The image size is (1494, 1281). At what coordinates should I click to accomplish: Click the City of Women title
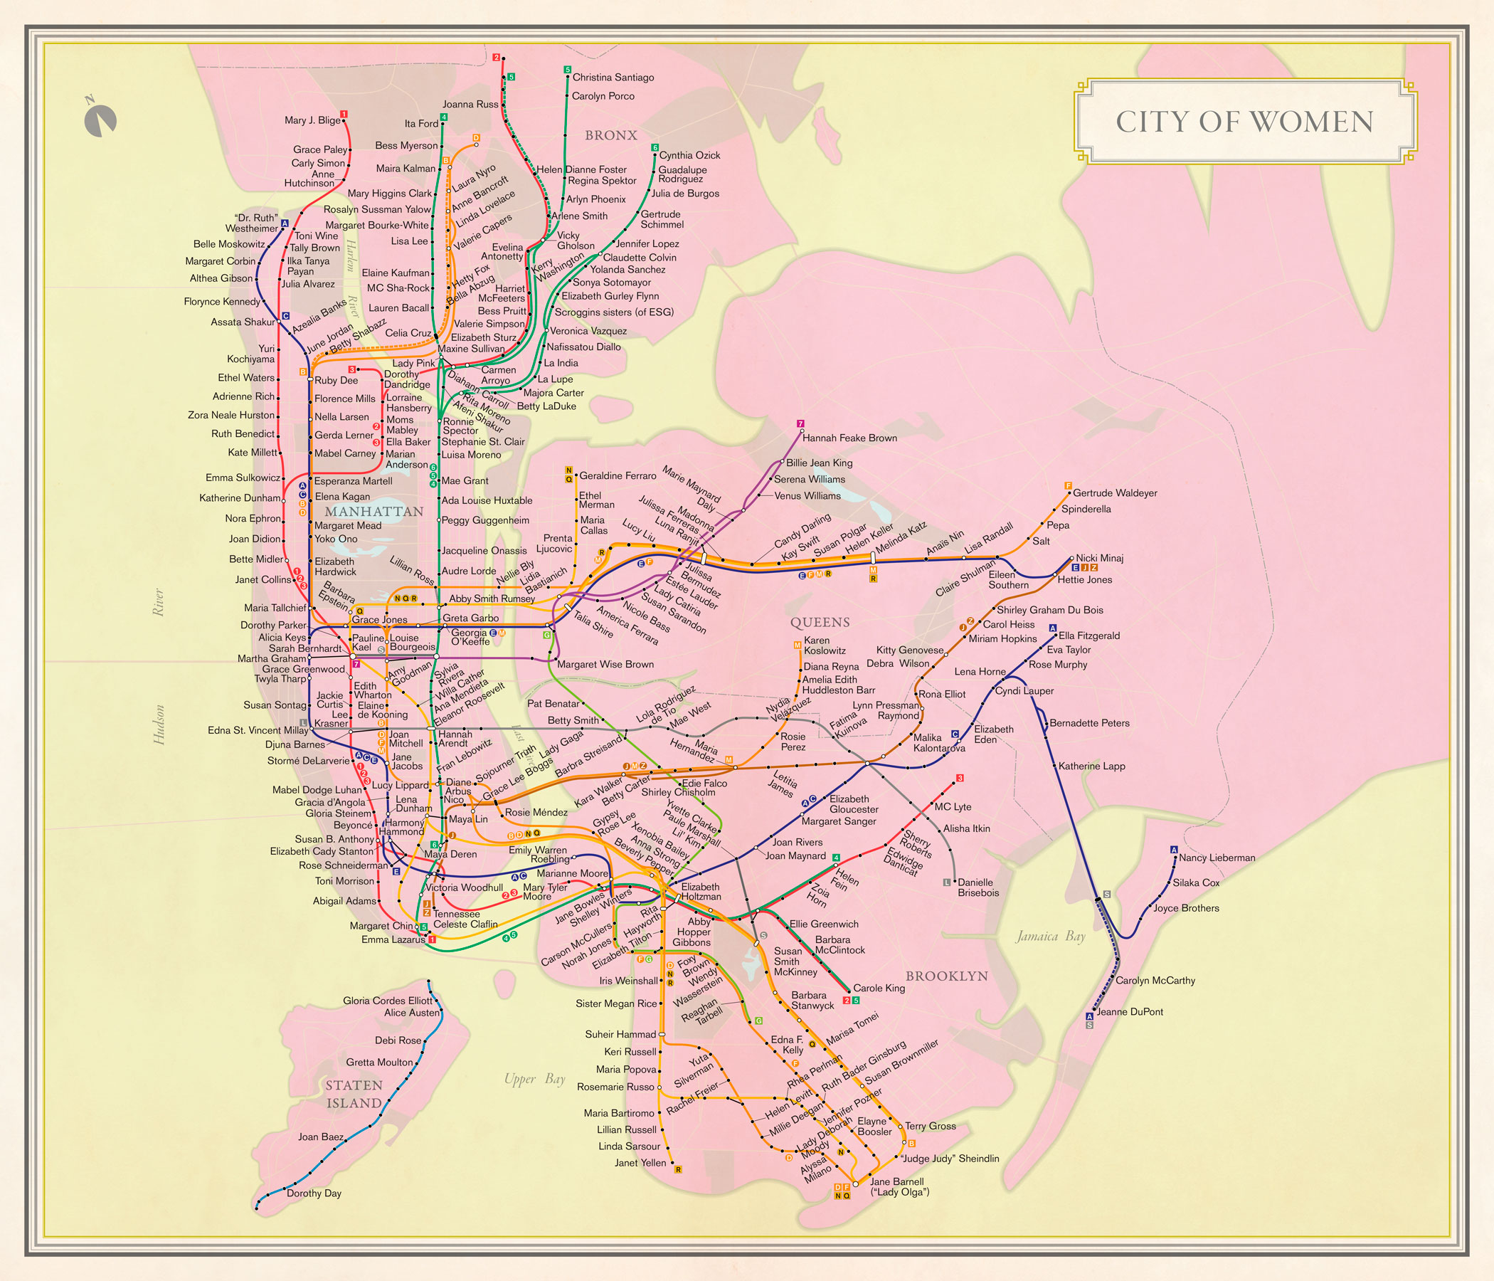click(x=1244, y=121)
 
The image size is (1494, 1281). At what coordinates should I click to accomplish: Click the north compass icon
click(x=100, y=120)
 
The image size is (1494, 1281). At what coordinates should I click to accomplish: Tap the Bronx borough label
click(x=610, y=135)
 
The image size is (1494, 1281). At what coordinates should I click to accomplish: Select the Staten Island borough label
click(x=354, y=1095)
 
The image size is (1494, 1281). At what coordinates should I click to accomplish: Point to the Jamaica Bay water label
click(x=1050, y=937)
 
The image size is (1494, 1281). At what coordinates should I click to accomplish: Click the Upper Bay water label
click(x=534, y=1079)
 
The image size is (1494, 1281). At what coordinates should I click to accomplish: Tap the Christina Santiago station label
click(x=613, y=77)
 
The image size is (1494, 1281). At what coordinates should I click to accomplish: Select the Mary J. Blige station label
click(x=312, y=120)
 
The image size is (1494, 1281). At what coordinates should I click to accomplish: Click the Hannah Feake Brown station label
click(x=849, y=438)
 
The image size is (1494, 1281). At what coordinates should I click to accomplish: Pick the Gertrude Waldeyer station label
click(x=1115, y=492)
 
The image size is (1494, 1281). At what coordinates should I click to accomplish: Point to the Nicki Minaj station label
click(x=1099, y=557)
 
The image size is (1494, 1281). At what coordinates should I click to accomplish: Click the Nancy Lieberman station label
click(x=1217, y=858)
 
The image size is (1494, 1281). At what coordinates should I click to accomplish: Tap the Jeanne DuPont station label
click(x=1129, y=1012)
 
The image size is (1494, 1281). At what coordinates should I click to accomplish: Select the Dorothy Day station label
click(x=314, y=1193)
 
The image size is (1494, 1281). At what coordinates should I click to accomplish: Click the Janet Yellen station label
click(x=640, y=1163)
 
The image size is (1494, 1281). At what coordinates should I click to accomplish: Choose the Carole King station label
click(x=878, y=989)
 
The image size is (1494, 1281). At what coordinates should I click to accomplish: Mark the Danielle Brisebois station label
click(x=978, y=887)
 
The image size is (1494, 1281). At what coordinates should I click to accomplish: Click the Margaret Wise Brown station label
click(x=605, y=664)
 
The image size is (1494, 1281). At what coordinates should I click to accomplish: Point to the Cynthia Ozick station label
click(x=689, y=155)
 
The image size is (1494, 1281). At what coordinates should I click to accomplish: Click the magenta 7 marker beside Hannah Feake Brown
click(x=800, y=423)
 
